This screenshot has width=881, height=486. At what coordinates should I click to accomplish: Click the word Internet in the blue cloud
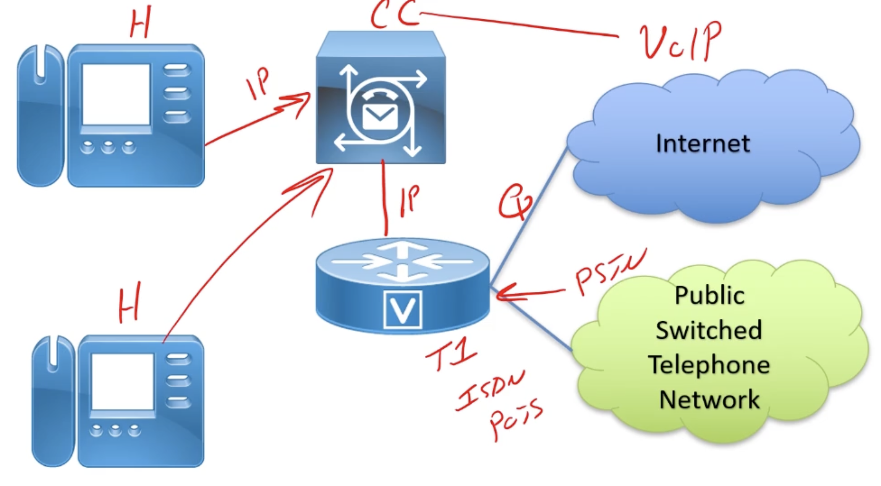[x=703, y=144]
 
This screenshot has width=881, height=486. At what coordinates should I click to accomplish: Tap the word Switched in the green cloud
[x=709, y=330]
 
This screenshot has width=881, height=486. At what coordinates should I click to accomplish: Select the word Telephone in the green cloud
[x=709, y=365]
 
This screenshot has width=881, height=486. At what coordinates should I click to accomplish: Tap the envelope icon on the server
[x=380, y=116]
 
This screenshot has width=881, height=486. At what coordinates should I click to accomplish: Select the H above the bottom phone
[x=129, y=303]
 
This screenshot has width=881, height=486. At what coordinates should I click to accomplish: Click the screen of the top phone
[x=116, y=95]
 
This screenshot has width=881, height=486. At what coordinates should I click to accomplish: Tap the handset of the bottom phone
[x=52, y=401]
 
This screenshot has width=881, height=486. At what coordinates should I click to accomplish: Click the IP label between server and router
[x=409, y=201]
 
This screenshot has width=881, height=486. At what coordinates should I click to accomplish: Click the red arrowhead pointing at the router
[x=504, y=293]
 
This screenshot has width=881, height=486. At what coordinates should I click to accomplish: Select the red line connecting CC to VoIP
[x=520, y=24]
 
